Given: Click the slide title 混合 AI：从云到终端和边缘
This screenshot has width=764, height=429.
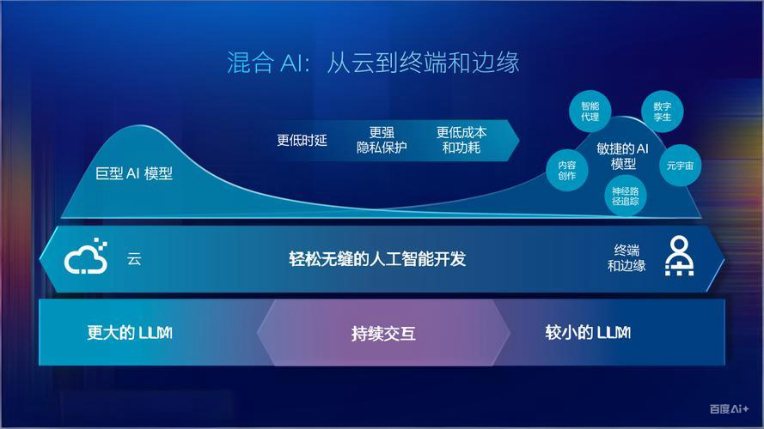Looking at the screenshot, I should click(x=374, y=63).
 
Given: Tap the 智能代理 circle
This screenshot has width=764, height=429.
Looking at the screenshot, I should click(x=590, y=111).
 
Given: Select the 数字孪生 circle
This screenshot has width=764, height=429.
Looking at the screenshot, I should click(x=663, y=111).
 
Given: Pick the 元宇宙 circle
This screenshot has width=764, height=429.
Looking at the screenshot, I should click(x=680, y=166).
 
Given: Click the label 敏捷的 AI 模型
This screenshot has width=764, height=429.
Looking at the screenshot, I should click(x=623, y=155).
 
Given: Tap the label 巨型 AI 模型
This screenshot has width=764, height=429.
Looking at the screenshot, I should click(x=134, y=173).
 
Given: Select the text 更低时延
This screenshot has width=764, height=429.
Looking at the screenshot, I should click(x=302, y=140).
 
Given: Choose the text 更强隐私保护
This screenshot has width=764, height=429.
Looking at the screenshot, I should click(x=382, y=140).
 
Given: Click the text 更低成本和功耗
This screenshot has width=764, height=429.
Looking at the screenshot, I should click(x=461, y=140).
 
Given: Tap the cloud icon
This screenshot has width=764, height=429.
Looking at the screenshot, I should click(x=87, y=257).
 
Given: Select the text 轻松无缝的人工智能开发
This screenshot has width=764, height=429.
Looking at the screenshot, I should click(x=377, y=258).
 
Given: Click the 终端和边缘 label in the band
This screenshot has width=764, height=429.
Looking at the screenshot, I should click(x=626, y=257).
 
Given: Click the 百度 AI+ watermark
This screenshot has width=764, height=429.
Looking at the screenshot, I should click(x=729, y=409).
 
